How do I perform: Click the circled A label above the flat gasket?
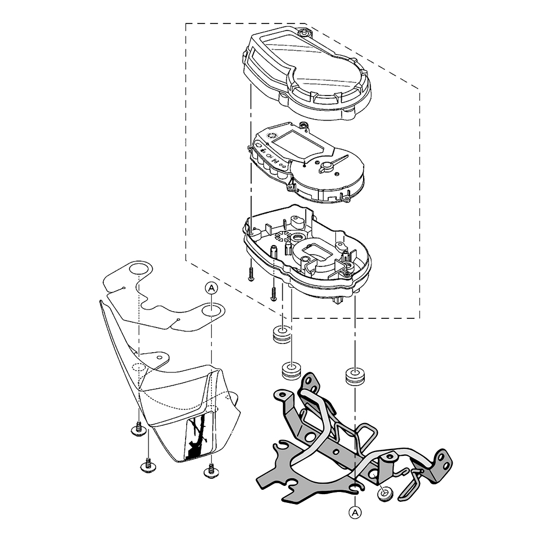pyautogui.click(x=211, y=288)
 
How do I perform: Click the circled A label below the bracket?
pyautogui.click(x=355, y=512)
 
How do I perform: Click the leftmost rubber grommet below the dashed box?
pyautogui.click(x=281, y=334)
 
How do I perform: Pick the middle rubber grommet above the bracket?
pyautogui.click(x=290, y=371)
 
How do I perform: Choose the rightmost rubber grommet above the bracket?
pyautogui.click(x=354, y=376)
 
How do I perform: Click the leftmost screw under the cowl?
pyautogui.click(x=139, y=430)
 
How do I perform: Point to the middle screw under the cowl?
pyautogui.click(x=147, y=465)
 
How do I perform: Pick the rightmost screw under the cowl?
pyautogui.click(x=211, y=471)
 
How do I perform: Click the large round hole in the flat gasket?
pyautogui.click(x=139, y=269)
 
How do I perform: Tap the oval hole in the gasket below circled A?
pyautogui.click(x=211, y=310)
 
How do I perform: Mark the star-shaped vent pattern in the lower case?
pyautogui.click(x=282, y=236)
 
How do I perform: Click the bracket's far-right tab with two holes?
pyautogui.click(x=442, y=460)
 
